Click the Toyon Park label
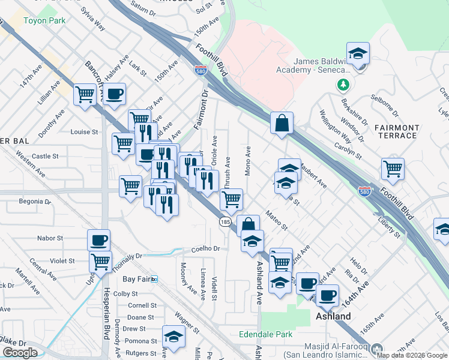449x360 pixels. (44, 20)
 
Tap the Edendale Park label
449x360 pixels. (265, 334)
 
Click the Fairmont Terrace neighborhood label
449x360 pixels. (396, 131)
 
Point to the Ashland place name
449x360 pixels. (333, 316)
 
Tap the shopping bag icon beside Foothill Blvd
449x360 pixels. (281, 124)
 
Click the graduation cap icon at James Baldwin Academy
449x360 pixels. (358, 54)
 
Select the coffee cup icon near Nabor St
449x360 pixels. (99, 241)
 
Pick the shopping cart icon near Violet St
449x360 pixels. (100, 262)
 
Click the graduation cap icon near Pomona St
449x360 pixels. (173, 337)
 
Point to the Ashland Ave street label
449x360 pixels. (260, 282)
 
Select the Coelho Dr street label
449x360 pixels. (206, 248)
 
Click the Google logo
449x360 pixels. (20, 353)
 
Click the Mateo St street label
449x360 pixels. (277, 221)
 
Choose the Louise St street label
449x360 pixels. (84, 132)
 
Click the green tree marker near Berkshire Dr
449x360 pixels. (343, 85)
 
